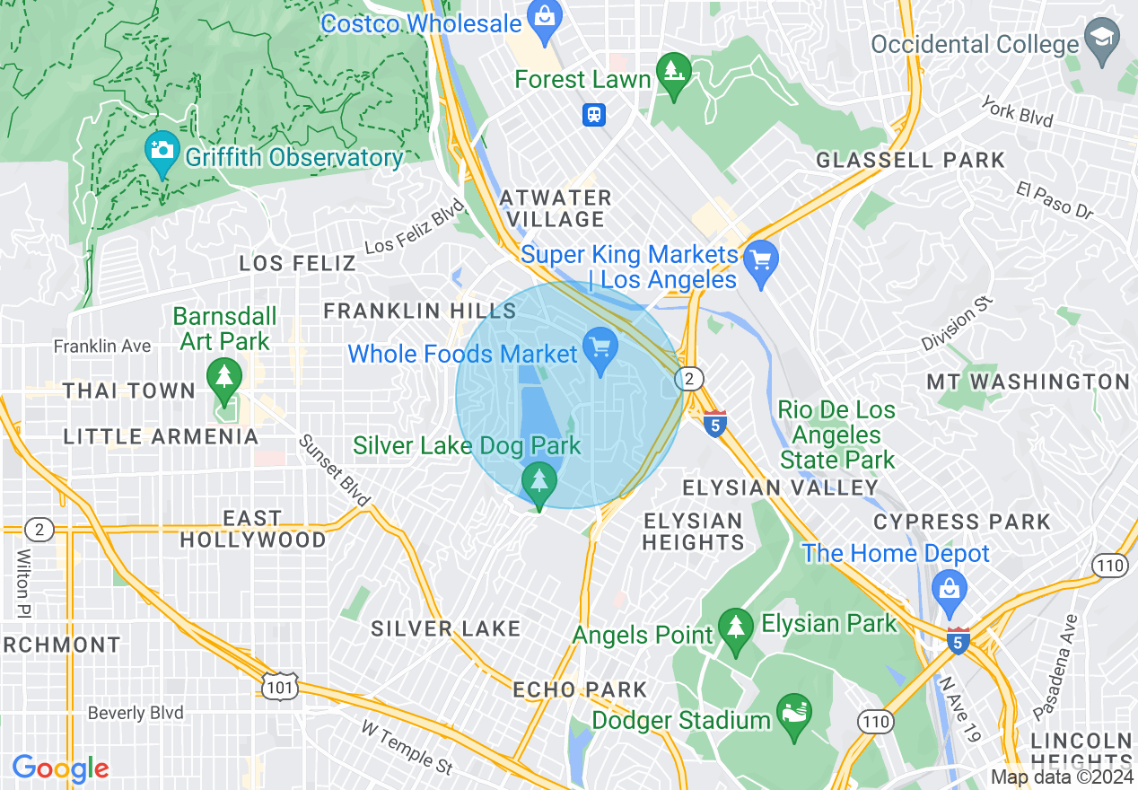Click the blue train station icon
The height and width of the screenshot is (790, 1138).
(x=593, y=114)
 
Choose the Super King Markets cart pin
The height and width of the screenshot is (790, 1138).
(x=761, y=261)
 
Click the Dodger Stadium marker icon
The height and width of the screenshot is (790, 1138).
(x=793, y=714)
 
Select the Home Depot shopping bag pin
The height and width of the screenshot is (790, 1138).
(x=949, y=590)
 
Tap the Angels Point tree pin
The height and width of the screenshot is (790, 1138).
(x=736, y=628)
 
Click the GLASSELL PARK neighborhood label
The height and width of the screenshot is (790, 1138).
(x=910, y=161)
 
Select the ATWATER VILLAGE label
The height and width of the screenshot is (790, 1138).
(x=556, y=208)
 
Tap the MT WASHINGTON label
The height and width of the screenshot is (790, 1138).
(x=1028, y=382)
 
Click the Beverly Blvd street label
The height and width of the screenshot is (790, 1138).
(x=136, y=714)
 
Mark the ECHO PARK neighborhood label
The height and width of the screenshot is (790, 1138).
(x=580, y=689)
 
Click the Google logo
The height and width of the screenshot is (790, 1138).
(x=60, y=768)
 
